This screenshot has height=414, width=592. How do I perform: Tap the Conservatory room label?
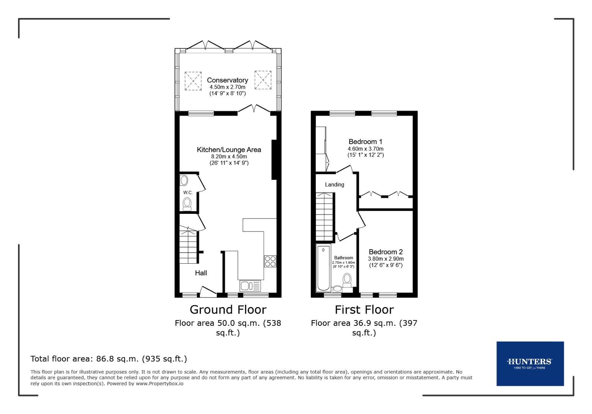227,80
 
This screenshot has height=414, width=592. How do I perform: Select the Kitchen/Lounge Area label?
229,149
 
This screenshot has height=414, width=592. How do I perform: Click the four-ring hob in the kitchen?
270,261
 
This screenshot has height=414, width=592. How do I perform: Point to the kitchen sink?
250,286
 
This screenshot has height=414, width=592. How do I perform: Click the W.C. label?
188,192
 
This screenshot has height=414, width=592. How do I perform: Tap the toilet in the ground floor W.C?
187,204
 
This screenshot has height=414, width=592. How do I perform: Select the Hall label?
201,273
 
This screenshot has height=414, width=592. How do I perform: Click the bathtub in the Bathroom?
323,268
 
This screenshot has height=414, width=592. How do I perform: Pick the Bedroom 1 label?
365,142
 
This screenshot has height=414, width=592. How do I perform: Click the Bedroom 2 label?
386,252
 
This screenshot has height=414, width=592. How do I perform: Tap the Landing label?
335,185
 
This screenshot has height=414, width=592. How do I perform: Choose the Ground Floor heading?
228,309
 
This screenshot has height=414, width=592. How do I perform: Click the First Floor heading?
364,309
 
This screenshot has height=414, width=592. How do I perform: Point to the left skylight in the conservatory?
193,80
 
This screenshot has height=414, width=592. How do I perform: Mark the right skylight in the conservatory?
263,79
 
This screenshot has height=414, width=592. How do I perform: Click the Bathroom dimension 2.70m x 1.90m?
344,262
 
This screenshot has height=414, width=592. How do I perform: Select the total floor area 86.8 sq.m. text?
109,359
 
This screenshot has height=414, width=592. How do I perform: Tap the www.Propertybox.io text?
160,383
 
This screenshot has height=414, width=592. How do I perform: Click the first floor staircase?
324,217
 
